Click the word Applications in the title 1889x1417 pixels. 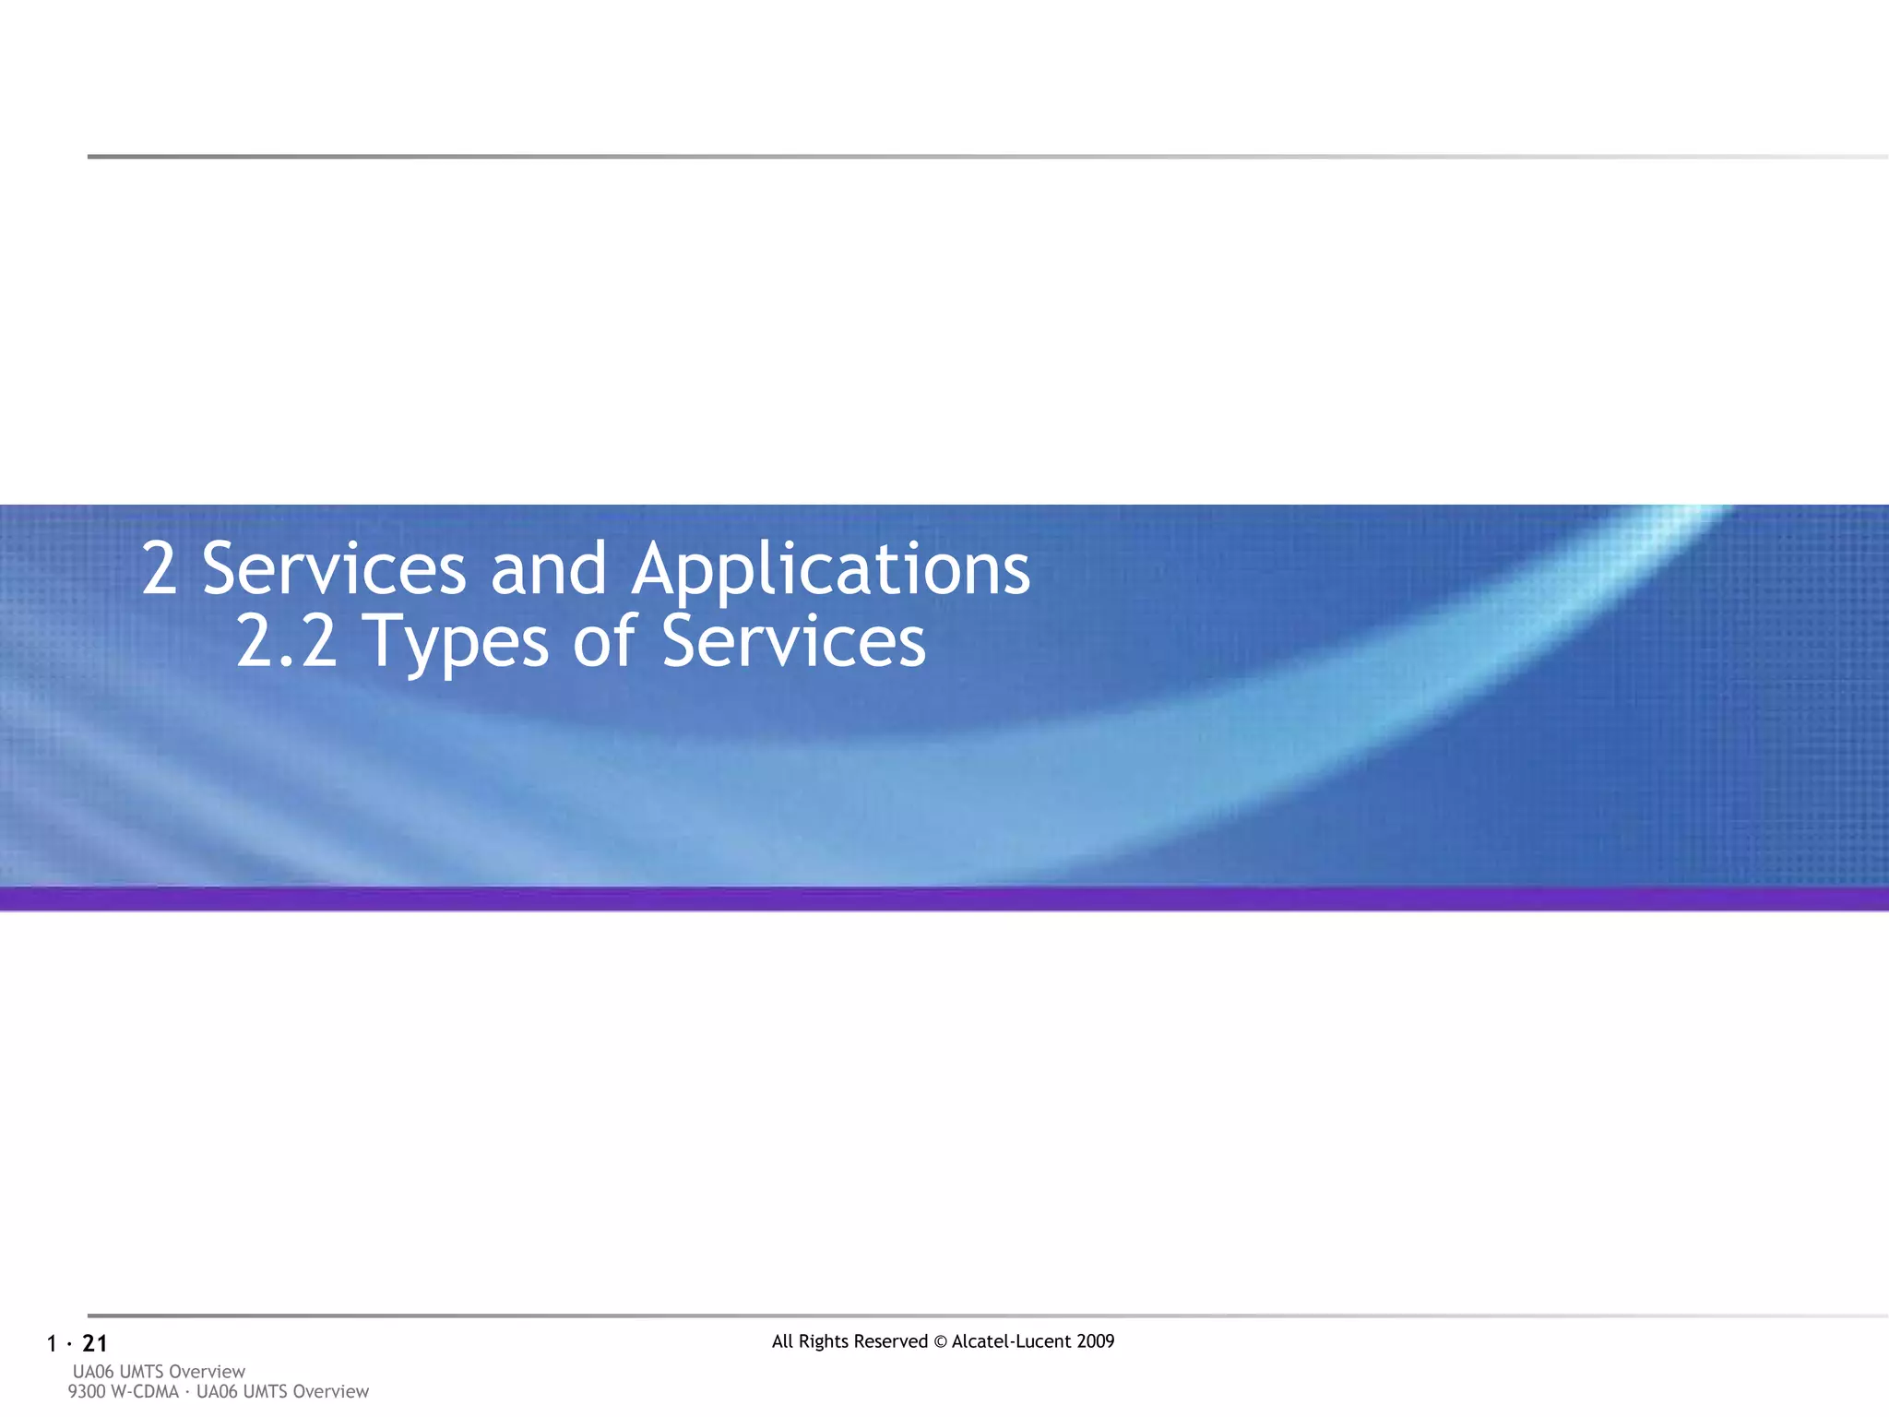(x=830, y=570)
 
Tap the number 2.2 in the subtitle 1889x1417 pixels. (x=287, y=642)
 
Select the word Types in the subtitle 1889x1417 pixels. (x=458, y=644)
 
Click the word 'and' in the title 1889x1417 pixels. (x=548, y=570)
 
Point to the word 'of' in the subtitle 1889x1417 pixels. (x=604, y=642)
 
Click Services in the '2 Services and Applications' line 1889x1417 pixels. (x=334, y=570)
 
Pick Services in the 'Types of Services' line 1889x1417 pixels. (x=793, y=642)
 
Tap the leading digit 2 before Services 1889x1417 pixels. (x=160, y=570)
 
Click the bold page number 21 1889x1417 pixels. (x=95, y=1344)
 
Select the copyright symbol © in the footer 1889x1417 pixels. (x=940, y=1341)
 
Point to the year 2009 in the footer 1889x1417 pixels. (x=1095, y=1341)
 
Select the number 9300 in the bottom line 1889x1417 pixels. (x=87, y=1391)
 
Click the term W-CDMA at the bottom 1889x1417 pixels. (x=144, y=1391)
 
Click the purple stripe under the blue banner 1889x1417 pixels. (x=944, y=899)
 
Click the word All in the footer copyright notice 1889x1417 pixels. (x=782, y=1341)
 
